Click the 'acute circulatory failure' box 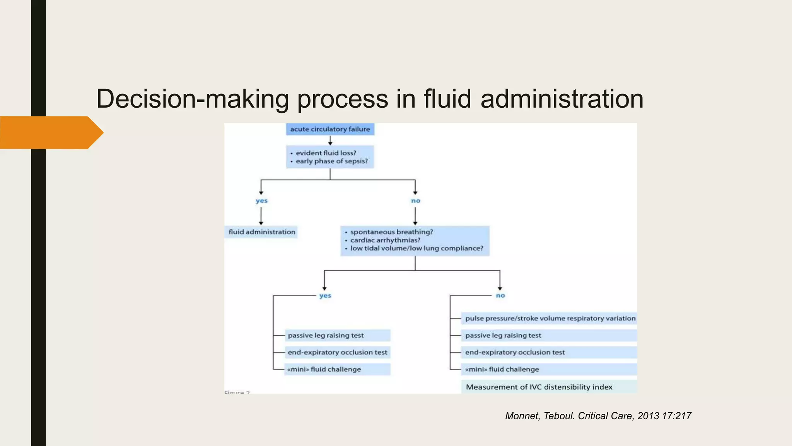coord(330,129)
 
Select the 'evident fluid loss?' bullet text coord(326,153)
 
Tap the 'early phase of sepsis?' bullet coord(331,161)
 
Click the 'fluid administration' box coord(261,232)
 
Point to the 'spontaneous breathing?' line coord(391,232)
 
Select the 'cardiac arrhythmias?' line coord(385,240)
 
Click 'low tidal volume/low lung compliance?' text coord(416,248)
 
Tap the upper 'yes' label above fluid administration coord(261,201)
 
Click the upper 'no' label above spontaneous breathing coord(415,201)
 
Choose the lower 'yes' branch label coord(325,296)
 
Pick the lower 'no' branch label coord(500,296)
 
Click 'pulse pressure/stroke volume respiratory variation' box coord(550,318)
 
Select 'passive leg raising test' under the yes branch coord(326,335)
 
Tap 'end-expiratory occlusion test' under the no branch coord(515,352)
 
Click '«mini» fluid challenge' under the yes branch coord(324,369)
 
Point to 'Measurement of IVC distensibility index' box coord(539,387)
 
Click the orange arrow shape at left coord(50,132)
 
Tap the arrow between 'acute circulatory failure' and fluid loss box coord(330,141)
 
